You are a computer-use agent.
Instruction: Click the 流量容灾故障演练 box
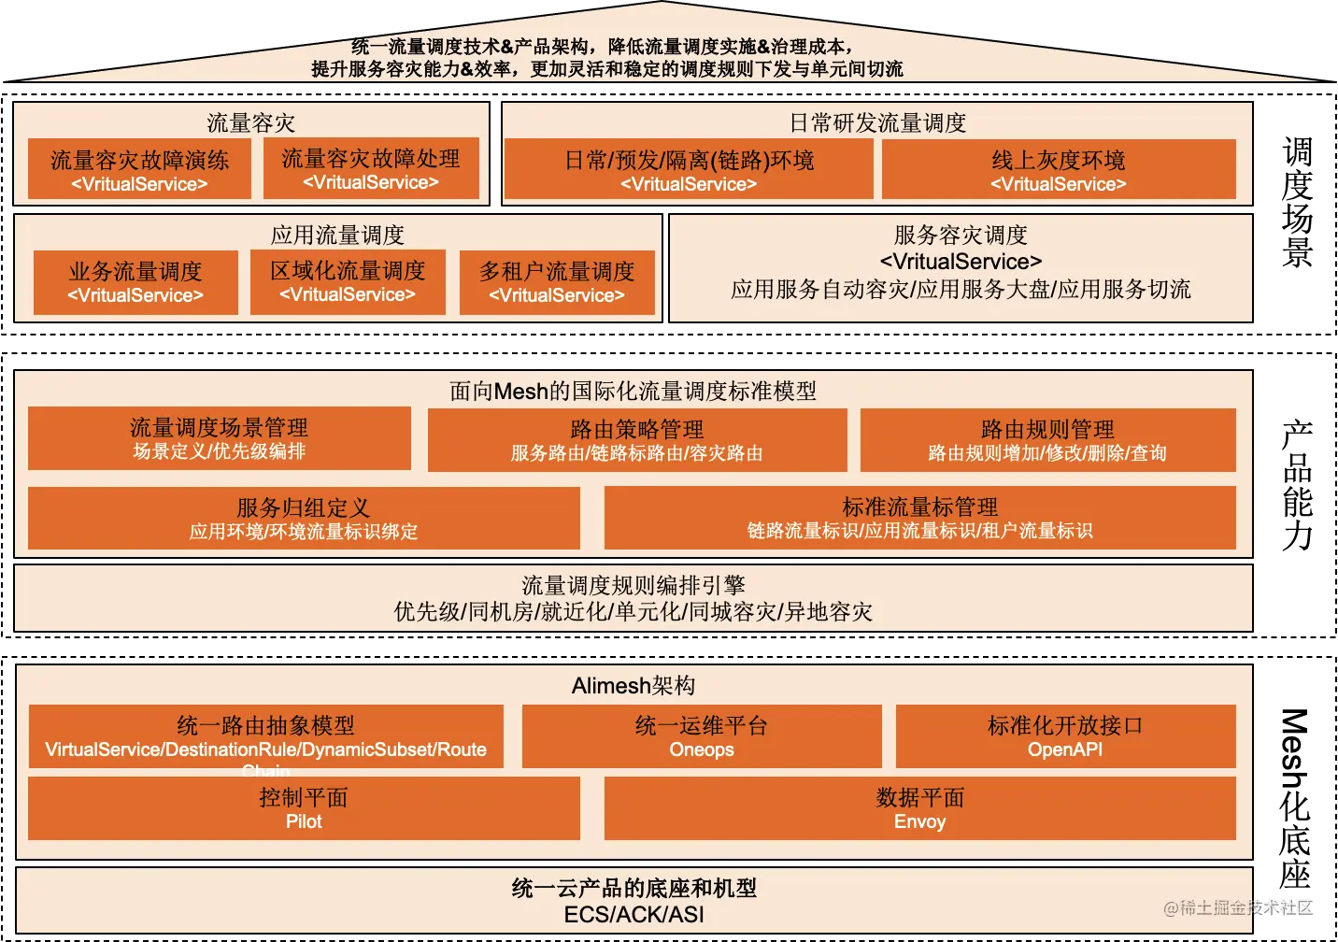pyautogui.click(x=139, y=169)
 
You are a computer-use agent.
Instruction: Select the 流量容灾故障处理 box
pyautogui.click(x=371, y=168)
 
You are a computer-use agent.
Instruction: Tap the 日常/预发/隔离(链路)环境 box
pyautogui.click(x=689, y=169)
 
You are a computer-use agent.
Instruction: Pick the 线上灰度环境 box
pyautogui.click(x=1059, y=169)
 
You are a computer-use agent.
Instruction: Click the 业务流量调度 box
pyautogui.click(x=135, y=281)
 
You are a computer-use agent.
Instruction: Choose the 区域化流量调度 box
pyautogui.click(x=348, y=281)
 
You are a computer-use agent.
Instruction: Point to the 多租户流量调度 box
pyautogui.click(x=557, y=281)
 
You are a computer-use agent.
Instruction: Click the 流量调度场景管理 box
pyautogui.click(x=220, y=437)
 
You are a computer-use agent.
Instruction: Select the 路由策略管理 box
pyautogui.click(x=637, y=439)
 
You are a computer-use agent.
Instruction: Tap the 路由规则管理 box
pyautogui.click(x=1047, y=439)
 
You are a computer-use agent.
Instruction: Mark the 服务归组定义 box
pyautogui.click(x=304, y=518)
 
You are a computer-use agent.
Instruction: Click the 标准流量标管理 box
pyautogui.click(x=919, y=517)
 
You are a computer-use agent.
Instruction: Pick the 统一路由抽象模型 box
pyautogui.click(x=266, y=735)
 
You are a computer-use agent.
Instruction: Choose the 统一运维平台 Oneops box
pyautogui.click(x=702, y=735)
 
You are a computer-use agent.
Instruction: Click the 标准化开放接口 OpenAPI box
pyautogui.click(x=1065, y=735)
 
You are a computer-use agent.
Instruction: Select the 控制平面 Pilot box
pyautogui.click(x=304, y=808)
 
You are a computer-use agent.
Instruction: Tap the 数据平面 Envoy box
pyautogui.click(x=919, y=808)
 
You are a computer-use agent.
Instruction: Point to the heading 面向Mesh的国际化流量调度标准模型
pyautogui.click(x=633, y=391)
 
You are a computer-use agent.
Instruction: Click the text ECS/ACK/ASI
pyautogui.click(x=634, y=915)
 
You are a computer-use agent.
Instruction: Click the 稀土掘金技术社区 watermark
pyautogui.click(x=1237, y=906)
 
